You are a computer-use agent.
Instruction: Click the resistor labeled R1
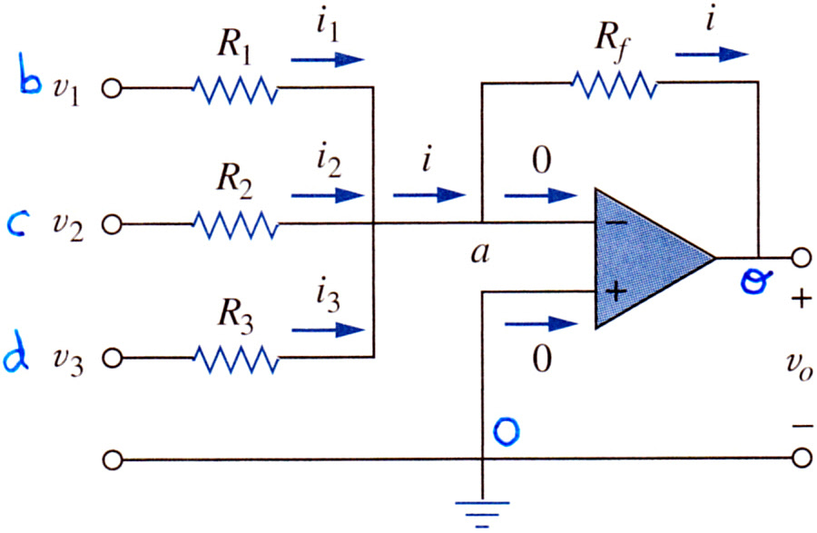click(x=235, y=89)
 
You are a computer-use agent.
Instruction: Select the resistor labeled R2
click(x=235, y=224)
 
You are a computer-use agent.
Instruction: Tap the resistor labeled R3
click(x=235, y=359)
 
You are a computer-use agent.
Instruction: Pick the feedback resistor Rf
click(x=614, y=84)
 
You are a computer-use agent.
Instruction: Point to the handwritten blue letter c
click(x=18, y=224)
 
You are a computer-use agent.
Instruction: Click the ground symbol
click(x=482, y=514)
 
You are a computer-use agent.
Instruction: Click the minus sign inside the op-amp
click(x=616, y=223)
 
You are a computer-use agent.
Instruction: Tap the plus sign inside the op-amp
click(x=615, y=291)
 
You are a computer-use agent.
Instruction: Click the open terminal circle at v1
click(x=112, y=89)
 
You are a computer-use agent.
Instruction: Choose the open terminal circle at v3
click(x=112, y=358)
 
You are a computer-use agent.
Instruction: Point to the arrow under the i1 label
click(x=327, y=59)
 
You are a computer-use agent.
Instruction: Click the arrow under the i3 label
click(x=327, y=330)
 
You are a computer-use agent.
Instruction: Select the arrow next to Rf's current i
click(x=712, y=54)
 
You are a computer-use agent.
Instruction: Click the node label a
click(x=480, y=253)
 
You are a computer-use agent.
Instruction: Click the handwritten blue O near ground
click(x=506, y=432)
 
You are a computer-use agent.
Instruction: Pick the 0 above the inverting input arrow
click(x=542, y=160)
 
